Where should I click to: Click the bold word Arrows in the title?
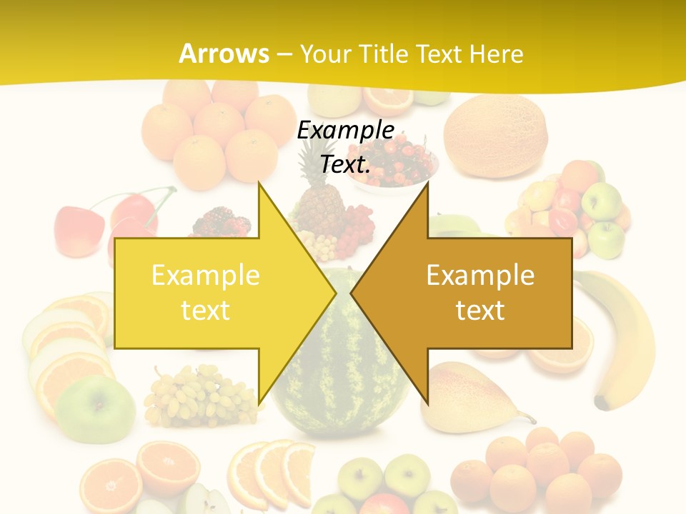pyautogui.click(x=224, y=54)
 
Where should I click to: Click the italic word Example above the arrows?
pyautogui.click(x=345, y=131)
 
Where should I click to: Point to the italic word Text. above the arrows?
pyautogui.click(x=345, y=165)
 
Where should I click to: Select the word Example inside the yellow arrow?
pyautogui.click(x=205, y=276)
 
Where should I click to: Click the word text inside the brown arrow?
pyautogui.click(x=480, y=311)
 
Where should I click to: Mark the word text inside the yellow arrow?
pyautogui.click(x=205, y=311)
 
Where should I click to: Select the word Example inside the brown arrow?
pyautogui.click(x=480, y=276)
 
